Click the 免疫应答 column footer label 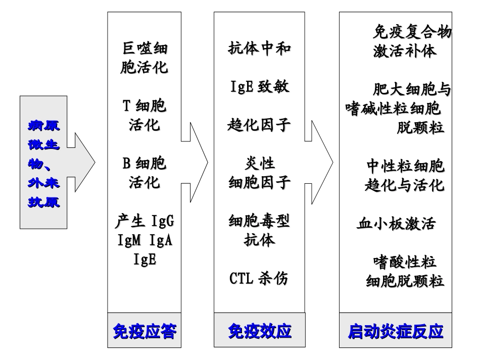[x=144, y=332]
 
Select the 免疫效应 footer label [x=259, y=332]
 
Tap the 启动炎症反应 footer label [x=395, y=332]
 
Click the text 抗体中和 [x=259, y=48]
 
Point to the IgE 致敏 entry [x=259, y=86]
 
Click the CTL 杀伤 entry [x=259, y=278]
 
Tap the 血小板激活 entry [x=395, y=223]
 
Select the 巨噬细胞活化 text [x=144, y=58]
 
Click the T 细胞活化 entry [x=144, y=115]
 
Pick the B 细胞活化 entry [x=144, y=172]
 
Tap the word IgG [x=162, y=221]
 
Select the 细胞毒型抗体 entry [x=259, y=230]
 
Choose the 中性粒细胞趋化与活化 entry [x=404, y=176]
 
